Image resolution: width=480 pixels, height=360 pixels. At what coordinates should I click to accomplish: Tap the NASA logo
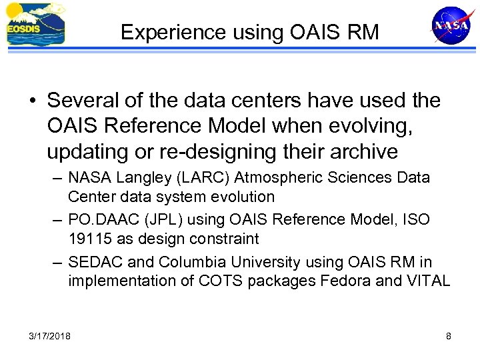coord(451,25)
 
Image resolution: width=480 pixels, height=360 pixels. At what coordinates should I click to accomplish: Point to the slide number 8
coord(448,336)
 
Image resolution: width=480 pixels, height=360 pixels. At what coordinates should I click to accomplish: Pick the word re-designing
coord(212,151)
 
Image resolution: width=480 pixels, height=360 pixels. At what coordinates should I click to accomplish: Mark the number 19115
coord(87,239)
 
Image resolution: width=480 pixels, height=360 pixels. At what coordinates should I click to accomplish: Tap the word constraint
coord(225,239)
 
